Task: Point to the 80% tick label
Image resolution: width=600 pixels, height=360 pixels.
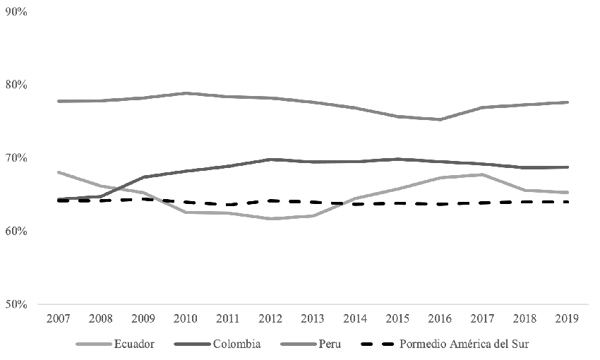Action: click(16, 85)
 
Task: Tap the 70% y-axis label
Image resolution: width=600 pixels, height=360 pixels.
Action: click(16, 158)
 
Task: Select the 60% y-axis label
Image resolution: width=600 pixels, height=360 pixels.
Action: click(16, 231)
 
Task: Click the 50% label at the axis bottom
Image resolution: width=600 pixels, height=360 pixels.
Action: click(16, 304)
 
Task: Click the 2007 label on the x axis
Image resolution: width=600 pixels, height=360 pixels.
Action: click(58, 319)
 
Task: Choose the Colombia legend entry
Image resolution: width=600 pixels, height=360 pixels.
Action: click(236, 344)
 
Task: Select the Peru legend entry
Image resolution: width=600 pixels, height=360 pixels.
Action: click(327, 344)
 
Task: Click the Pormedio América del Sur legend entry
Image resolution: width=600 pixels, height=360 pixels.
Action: click(464, 344)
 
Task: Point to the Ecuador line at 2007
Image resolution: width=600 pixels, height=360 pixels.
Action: click(58, 172)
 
